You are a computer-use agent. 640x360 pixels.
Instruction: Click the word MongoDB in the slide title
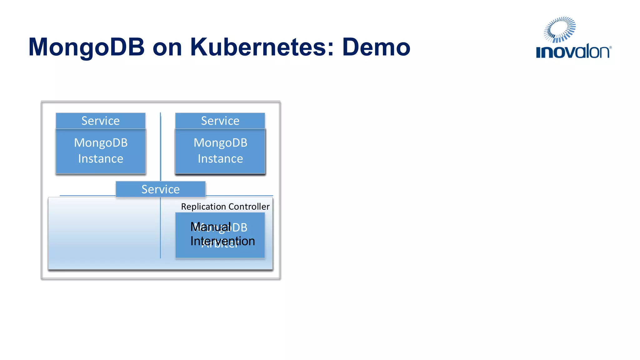[x=87, y=47]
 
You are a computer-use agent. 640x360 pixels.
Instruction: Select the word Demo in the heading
[x=376, y=47]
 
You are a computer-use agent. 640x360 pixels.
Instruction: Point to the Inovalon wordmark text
[x=573, y=52]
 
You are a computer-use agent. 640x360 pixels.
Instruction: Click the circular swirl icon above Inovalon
[x=560, y=29]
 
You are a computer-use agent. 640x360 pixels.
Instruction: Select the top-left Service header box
[x=101, y=121]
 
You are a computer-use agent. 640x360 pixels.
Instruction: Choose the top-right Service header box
[x=220, y=121]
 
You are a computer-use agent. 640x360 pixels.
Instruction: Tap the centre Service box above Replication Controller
[x=161, y=189]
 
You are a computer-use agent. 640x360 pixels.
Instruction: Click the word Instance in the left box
[x=101, y=159]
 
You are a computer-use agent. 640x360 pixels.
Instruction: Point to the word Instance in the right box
[x=220, y=159]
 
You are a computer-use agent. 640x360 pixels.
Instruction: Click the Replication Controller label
[x=225, y=207]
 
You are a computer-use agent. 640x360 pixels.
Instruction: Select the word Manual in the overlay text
[x=211, y=227]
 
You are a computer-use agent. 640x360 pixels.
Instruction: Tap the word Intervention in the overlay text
[x=222, y=241]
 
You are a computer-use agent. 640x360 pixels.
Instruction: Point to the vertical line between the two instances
[x=161, y=147]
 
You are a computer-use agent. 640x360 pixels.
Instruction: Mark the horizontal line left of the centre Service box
[x=87, y=196]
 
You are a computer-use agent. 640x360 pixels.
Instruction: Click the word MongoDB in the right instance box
[x=220, y=143]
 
